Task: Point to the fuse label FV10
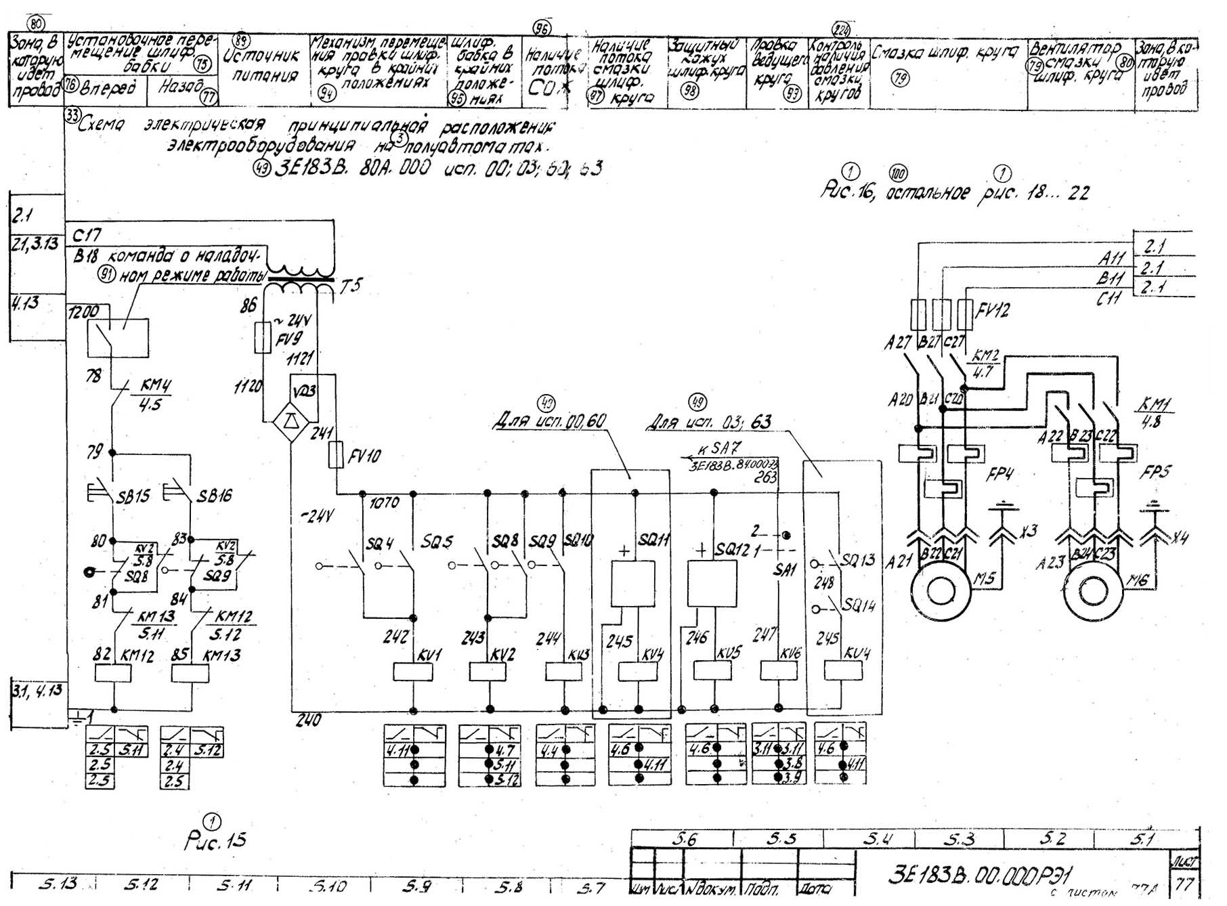[364, 456]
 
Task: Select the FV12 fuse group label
[992, 311]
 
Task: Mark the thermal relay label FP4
[1001, 472]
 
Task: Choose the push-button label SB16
[215, 496]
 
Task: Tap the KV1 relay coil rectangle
[413, 671]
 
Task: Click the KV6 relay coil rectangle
[779, 670]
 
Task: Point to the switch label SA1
[784, 570]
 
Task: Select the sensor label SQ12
[731, 550]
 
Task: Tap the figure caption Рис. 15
[215, 840]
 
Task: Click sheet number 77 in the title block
[1184, 884]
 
